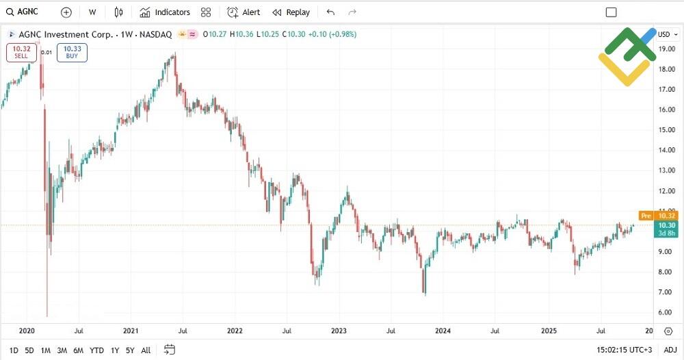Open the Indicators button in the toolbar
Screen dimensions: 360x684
pyautogui.click(x=165, y=12)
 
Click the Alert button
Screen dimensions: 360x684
pyautogui.click(x=244, y=12)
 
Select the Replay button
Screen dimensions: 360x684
pyautogui.click(x=291, y=12)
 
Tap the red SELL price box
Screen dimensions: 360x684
pyautogui.click(x=21, y=52)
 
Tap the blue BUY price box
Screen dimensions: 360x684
pyautogui.click(x=73, y=52)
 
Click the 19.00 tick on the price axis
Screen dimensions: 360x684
pyautogui.click(x=666, y=49)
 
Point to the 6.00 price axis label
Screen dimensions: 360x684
pyautogui.click(x=664, y=312)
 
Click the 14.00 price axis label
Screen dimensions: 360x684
pyautogui.click(x=666, y=150)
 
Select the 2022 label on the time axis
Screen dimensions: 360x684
pyautogui.click(x=235, y=331)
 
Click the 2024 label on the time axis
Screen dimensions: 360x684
pyautogui.click(x=443, y=331)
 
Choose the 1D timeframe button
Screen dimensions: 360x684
pyautogui.click(x=14, y=350)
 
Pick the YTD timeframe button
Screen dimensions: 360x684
pyautogui.click(x=96, y=350)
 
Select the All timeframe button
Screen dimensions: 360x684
pyautogui.click(x=146, y=350)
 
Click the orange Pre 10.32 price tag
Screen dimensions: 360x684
pyautogui.click(x=657, y=216)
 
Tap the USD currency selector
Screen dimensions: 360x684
pyautogui.click(x=666, y=34)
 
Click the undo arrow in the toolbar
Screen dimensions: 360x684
pyautogui.click(x=331, y=12)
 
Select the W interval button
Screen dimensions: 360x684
pyautogui.click(x=92, y=12)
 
